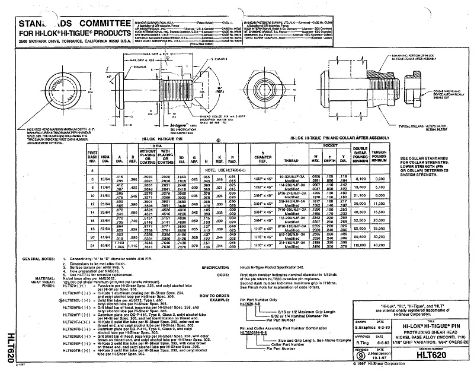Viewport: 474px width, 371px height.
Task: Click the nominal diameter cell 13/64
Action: click(x=105, y=179)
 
